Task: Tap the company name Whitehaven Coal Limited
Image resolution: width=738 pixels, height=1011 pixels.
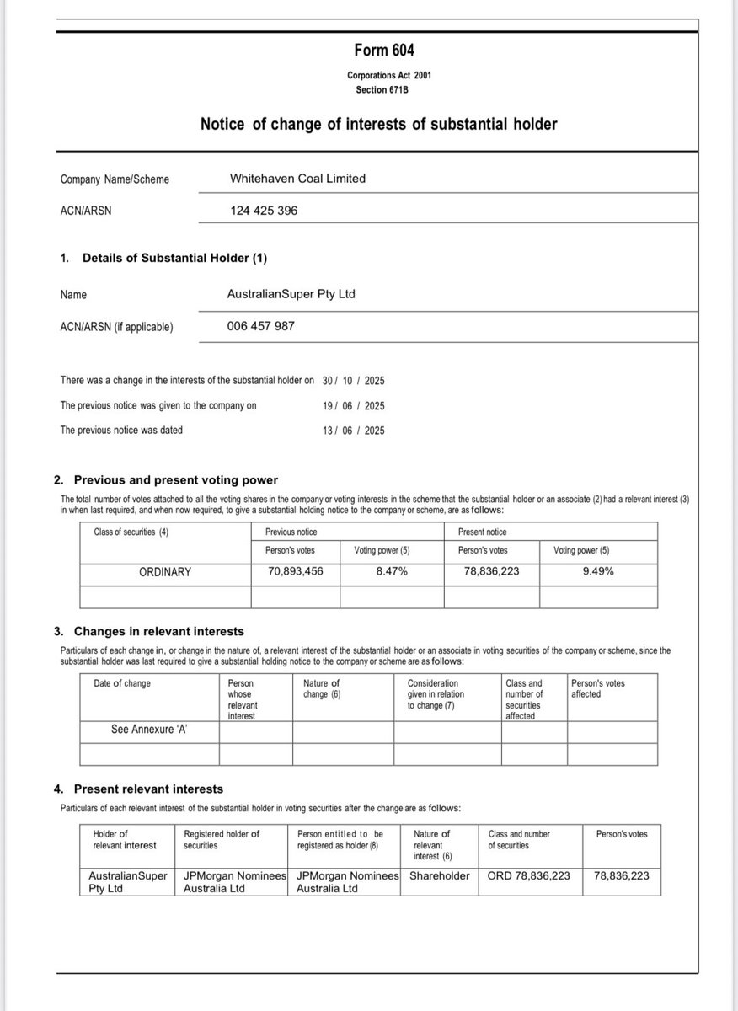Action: pyautogui.click(x=297, y=179)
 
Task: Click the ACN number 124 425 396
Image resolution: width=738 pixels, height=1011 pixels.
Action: pyautogui.click(x=264, y=211)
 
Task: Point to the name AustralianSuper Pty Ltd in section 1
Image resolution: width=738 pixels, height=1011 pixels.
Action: pyautogui.click(x=291, y=295)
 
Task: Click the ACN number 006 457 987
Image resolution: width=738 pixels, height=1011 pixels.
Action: pyautogui.click(x=261, y=326)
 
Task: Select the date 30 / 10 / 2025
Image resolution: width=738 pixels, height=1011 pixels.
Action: pyautogui.click(x=353, y=381)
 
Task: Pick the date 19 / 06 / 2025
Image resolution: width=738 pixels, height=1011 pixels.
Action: pyautogui.click(x=353, y=405)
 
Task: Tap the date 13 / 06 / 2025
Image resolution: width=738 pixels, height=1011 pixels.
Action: pyautogui.click(x=353, y=430)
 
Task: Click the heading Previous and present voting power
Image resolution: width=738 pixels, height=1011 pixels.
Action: pyautogui.click(x=175, y=480)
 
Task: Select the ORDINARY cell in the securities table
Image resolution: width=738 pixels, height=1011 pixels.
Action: pyautogui.click(x=165, y=572)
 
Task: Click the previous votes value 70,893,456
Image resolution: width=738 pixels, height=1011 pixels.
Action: pyautogui.click(x=296, y=572)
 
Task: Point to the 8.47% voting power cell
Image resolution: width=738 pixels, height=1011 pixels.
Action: pyautogui.click(x=392, y=572)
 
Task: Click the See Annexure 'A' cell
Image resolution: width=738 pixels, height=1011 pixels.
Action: pyautogui.click(x=148, y=730)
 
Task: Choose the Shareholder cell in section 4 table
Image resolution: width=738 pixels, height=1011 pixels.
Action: pyautogui.click(x=439, y=875)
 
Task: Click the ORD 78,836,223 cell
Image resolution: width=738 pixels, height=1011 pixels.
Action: pyautogui.click(x=528, y=875)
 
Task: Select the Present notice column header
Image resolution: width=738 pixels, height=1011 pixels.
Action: pyautogui.click(x=483, y=532)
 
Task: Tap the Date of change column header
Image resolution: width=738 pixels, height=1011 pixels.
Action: pyautogui.click(x=122, y=683)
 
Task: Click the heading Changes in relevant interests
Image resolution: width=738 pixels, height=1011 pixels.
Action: pyautogui.click(x=158, y=631)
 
